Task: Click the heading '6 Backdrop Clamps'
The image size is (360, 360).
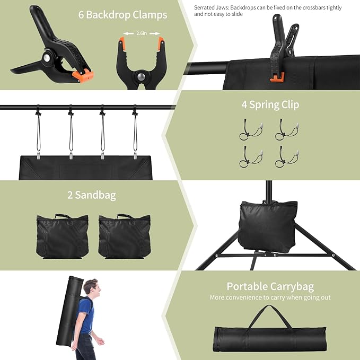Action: point(123,15)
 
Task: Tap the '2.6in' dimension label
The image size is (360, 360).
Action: point(141,33)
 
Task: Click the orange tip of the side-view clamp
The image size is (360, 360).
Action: point(83,77)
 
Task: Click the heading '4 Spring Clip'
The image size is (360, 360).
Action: point(270,104)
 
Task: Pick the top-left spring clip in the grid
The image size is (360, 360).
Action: point(250,129)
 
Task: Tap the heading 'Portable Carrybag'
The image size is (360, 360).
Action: point(270,286)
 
